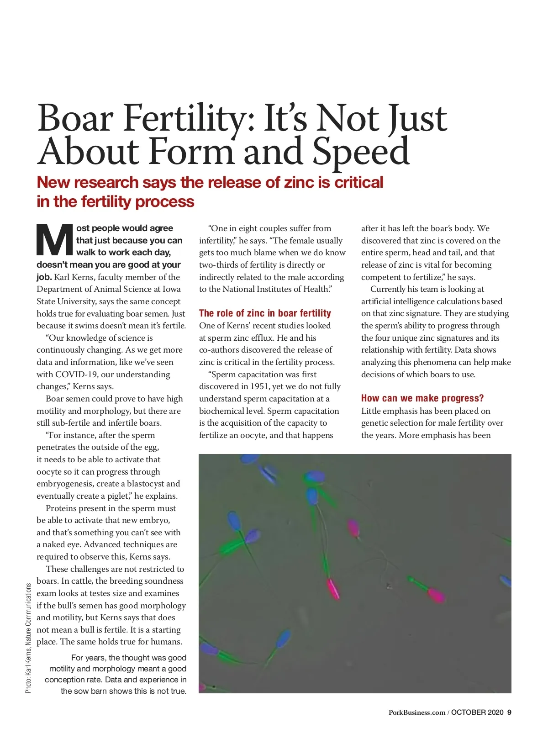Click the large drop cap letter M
coord(55,240)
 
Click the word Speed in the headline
coord(361,152)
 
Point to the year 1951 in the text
coord(260,386)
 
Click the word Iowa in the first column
coord(172,289)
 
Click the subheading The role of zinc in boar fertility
coord(265,313)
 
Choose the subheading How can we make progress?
coord(422,398)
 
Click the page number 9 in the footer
coord(509,713)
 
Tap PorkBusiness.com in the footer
coord(416,713)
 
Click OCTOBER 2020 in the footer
coord(477,713)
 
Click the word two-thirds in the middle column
coord(217,265)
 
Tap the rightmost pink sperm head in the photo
coord(436,595)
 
